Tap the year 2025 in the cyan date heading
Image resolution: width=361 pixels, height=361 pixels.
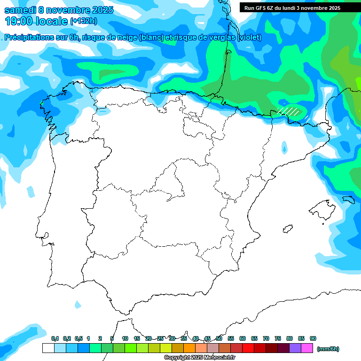tap(99, 10)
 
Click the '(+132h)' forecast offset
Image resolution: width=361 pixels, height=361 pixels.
tap(83, 21)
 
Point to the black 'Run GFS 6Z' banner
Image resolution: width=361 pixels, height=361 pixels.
tap(299, 8)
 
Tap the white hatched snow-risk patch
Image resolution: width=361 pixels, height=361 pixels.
tap(288, 111)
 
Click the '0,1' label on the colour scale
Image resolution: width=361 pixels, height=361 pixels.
tap(55, 338)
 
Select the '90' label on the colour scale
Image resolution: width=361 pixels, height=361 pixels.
tap(313, 338)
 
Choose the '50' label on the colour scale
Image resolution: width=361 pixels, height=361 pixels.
tap(219, 338)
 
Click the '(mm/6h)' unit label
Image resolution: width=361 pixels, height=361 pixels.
tap(328, 349)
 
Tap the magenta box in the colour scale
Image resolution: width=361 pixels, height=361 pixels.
tap(307, 348)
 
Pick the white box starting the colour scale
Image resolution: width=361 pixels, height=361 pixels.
tap(48, 348)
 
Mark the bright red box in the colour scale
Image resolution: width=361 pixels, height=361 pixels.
tap(248, 348)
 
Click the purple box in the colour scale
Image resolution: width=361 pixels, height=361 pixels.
tap(295, 348)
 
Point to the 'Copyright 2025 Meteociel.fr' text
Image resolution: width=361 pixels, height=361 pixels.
tap(199, 358)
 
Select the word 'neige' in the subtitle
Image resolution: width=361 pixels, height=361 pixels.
tap(126, 38)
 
